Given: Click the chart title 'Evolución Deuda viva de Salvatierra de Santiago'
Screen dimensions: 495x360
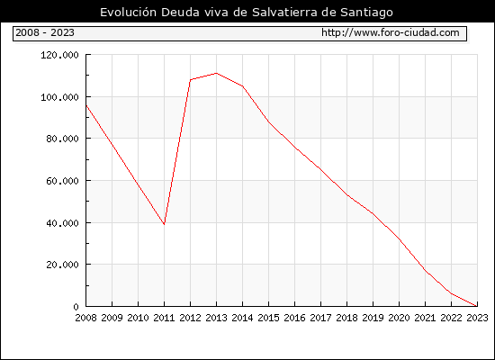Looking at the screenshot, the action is click(247, 13).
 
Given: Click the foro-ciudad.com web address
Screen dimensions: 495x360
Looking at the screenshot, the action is click(391, 32).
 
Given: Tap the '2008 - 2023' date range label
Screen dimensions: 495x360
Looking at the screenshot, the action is click(45, 32).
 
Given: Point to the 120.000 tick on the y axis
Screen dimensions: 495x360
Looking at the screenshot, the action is click(59, 55).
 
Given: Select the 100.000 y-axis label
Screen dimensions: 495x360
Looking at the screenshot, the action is click(59, 97).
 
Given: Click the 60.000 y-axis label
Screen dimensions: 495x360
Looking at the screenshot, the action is click(62, 181).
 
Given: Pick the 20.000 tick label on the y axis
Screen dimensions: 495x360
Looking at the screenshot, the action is click(62, 265).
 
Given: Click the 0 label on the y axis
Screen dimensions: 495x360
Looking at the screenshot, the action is click(76, 307).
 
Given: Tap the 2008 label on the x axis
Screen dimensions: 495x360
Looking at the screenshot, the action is click(85, 318).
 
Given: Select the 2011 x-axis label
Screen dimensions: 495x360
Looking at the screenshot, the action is click(164, 318).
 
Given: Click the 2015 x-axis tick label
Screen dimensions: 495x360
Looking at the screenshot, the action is click(269, 318).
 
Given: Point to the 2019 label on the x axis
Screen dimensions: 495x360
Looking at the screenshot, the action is click(373, 318).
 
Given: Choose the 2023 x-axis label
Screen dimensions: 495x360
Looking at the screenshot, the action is click(477, 318).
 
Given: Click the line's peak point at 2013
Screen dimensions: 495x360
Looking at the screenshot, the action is click(216, 73).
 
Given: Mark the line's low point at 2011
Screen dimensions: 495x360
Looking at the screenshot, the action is click(164, 224).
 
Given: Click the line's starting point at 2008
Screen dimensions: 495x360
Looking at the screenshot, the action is click(86, 105).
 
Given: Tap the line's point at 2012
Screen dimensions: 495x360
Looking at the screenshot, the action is click(191, 79).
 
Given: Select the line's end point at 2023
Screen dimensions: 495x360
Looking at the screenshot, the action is click(477, 306).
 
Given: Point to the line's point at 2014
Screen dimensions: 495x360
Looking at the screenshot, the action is click(242, 85).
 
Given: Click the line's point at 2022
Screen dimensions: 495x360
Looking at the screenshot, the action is click(451, 293).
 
